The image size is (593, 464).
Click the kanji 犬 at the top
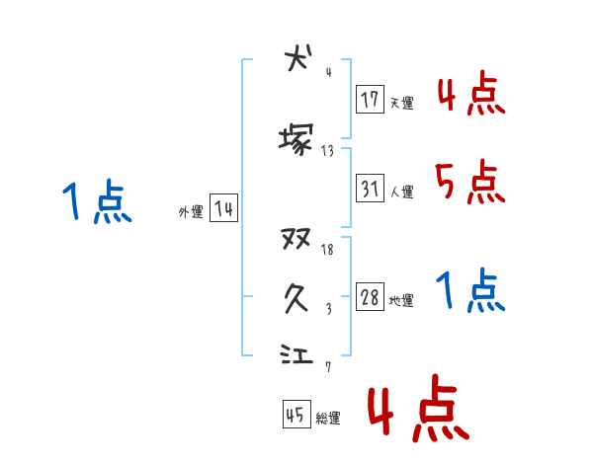coord(296,58)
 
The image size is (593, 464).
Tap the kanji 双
coord(296,239)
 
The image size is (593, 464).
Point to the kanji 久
coord(296,296)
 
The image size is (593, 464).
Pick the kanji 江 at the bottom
coord(296,352)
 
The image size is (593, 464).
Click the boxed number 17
coord(370,99)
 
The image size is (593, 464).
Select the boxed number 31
coord(370,188)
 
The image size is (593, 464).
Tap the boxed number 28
coord(370,298)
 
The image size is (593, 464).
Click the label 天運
coord(401,103)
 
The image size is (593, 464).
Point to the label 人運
coord(401,192)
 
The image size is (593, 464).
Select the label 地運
coord(401,301)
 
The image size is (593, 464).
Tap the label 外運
coord(190,212)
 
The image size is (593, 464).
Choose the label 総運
coord(328,419)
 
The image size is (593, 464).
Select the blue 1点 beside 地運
coord(470,291)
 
